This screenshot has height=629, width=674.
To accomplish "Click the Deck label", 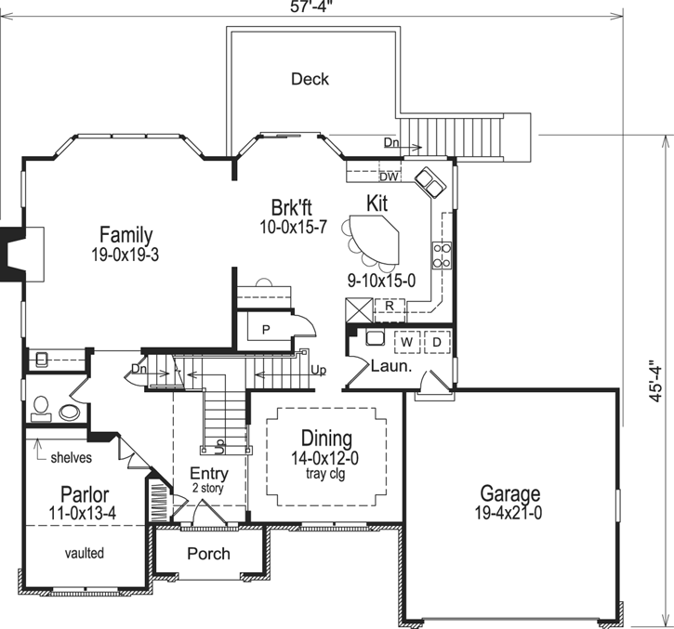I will point(310,79).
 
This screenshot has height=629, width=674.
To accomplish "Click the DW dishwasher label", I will point(389,177).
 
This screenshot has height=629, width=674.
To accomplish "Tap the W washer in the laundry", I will point(406,341).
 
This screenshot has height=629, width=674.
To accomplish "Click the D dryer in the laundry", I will point(436,341).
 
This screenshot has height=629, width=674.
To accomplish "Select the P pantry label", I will point(265,330).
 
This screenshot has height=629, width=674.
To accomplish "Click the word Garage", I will point(510,493).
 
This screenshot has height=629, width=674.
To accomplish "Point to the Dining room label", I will point(325,439).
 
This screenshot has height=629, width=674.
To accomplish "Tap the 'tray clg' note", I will point(325,474).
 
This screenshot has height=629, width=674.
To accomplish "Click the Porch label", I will point(208,554).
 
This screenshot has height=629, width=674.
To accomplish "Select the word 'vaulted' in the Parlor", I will point(85,553).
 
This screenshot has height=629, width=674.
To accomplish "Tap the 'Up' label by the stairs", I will point(318,371).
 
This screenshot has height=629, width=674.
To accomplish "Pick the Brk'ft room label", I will point(293,207).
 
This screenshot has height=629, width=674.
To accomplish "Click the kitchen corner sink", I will point(429,182).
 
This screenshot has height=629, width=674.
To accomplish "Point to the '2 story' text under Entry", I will point(209,488).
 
